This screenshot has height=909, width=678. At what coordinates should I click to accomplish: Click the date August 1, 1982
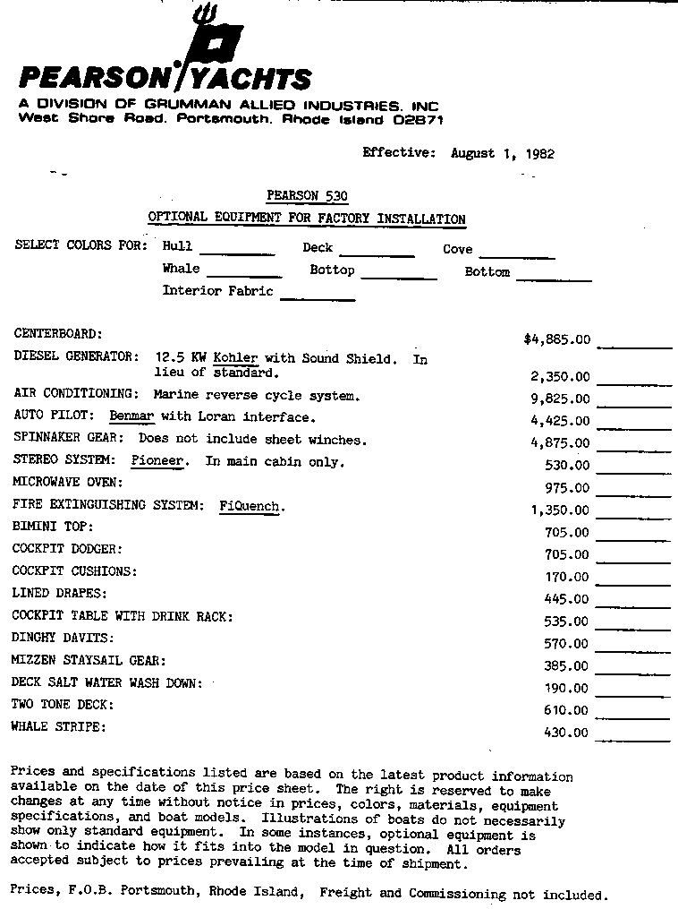502,153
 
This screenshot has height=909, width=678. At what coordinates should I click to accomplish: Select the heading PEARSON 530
307,196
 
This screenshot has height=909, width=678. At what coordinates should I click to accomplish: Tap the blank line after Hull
237,253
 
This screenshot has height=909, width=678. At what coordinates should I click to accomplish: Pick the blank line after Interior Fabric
318,299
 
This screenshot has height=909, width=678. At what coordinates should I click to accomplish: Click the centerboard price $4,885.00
556,339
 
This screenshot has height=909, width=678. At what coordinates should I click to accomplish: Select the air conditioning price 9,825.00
560,399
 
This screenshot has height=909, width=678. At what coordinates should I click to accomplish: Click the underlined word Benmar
131,416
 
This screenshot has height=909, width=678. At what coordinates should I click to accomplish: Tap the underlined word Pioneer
157,461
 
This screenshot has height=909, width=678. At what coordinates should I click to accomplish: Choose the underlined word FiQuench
251,506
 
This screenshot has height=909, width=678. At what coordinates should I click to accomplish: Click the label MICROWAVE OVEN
67,482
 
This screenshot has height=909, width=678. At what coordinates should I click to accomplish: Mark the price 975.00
567,488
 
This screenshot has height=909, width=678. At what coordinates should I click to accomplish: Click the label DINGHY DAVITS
63,639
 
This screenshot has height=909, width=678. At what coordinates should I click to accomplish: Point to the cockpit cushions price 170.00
567,578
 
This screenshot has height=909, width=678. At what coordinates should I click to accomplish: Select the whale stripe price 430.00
566,733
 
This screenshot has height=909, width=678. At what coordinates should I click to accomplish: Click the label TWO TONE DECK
62,705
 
